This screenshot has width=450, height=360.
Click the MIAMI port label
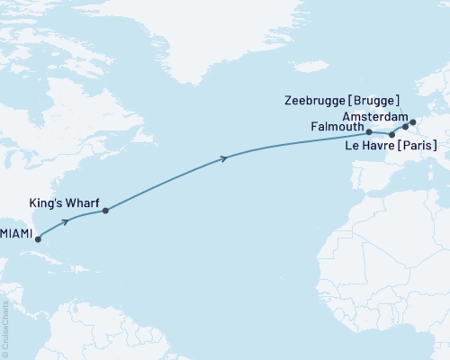(x=17, y=233)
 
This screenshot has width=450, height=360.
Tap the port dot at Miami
(x=38, y=239)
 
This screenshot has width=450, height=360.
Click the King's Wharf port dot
(x=106, y=211)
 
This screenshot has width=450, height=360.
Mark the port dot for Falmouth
(x=369, y=132)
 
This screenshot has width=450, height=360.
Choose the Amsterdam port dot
(x=413, y=121)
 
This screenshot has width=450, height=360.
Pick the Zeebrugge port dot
(x=405, y=128)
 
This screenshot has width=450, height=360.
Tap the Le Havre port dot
(x=391, y=135)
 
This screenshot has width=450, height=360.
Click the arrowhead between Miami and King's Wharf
(x=65, y=220)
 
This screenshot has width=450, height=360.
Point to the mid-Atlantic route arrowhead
(x=223, y=159)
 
